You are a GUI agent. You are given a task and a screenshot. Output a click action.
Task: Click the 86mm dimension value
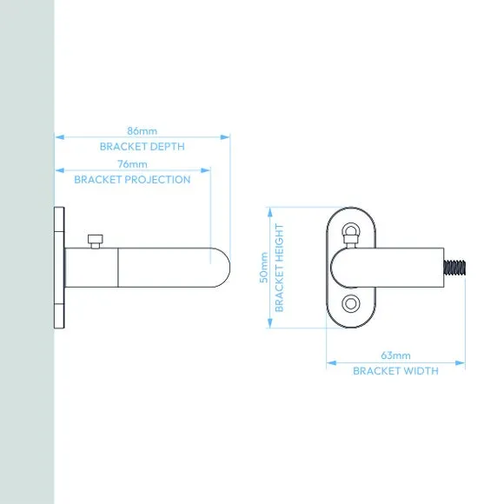[x=142, y=131]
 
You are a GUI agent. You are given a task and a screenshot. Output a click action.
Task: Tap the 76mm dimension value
[x=132, y=164]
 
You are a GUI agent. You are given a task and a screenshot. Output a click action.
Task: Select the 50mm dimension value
[x=263, y=268]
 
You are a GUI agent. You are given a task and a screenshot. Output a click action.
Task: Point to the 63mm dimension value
[x=395, y=355]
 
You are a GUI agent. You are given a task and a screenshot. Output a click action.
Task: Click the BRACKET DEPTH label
[x=142, y=147]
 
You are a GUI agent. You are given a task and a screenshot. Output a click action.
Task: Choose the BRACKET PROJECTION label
[x=132, y=179]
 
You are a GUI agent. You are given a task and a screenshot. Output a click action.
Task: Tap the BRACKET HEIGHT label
[x=279, y=268]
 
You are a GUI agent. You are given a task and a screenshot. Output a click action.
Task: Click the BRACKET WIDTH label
[x=395, y=371]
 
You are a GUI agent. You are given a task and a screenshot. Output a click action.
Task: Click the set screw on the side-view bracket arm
[x=95, y=241]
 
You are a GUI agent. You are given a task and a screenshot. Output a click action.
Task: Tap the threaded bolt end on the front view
[x=454, y=267]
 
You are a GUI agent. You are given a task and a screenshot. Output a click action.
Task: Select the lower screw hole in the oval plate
[x=351, y=303]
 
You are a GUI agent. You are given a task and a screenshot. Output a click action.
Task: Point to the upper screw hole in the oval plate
[x=351, y=231]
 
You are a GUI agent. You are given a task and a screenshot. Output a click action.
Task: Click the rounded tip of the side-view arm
[x=224, y=268]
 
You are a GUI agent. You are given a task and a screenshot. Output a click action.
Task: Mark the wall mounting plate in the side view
[x=59, y=268]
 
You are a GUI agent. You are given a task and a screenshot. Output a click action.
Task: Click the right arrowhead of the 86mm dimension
[x=225, y=137]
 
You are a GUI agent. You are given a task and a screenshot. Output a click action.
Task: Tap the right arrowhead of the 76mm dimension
[x=205, y=170]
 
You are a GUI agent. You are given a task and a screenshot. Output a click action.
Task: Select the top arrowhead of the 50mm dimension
[x=270, y=212]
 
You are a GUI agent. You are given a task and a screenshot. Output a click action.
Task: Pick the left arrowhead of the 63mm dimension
[x=331, y=363]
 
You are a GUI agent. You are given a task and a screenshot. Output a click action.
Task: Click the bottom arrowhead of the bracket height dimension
[x=270, y=323]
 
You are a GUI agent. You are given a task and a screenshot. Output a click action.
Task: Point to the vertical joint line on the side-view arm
[x=118, y=268]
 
